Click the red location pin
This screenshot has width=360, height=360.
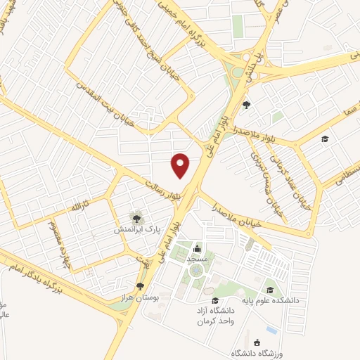181,165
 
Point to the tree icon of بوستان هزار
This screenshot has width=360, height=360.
141,285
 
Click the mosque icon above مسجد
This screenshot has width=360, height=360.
197,248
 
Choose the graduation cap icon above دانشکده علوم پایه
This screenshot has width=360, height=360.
269,290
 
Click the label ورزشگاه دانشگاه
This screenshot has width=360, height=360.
247,352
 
